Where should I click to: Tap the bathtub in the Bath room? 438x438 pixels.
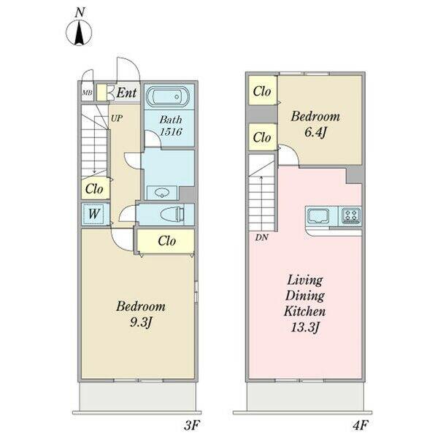pyautogui.click(x=168, y=96)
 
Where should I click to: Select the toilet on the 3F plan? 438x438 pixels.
pyautogui.click(x=172, y=215)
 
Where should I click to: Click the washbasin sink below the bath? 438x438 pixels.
pyautogui.click(x=162, y=193)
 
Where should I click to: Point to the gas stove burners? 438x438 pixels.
pyautogui.click(x=350, y=215)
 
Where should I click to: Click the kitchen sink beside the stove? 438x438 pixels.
pyautogui.click(x=318, y=215)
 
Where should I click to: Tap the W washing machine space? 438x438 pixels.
pyautogui.click(x=93, y=214)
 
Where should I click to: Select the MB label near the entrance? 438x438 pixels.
pyautogui.click(x=87, y=93)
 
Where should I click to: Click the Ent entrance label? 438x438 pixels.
pyautogui.click(x=126, y=93)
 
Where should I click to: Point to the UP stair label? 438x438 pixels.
pyautogui.click(x=117, y=118)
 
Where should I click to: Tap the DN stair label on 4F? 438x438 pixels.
pyautogui.click(x=262, y=237)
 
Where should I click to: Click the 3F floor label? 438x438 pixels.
pyautogui.click(x=191, y=426)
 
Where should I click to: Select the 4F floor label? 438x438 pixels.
pyautogui.click(x=359, y=426)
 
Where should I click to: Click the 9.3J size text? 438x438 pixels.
pyautogui.click(x=140, y=323)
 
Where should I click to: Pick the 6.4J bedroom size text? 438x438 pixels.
pyautogui.click(x=315, y=132)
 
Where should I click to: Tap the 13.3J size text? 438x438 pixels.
pyautogui.click(x=304, y=327)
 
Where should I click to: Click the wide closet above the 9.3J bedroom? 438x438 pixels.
pyautogui.click(x=166, y=241)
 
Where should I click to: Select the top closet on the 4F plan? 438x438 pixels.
pyautogui.click(x=263, y=91)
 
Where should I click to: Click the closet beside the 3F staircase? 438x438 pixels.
pyautogui.click(x=95, y=188)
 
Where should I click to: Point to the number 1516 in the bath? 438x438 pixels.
pyautogui.click(x=171, y=131)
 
